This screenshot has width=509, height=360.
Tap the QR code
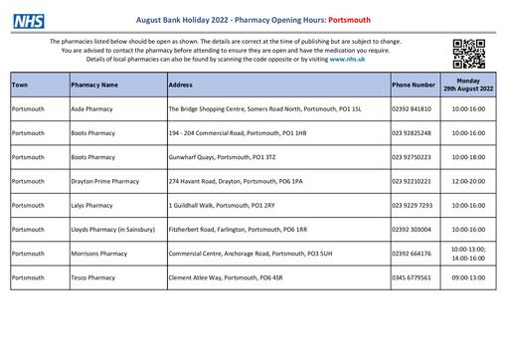click(469, 51)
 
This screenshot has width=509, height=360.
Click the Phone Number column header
click(414, 86)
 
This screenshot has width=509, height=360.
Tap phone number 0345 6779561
click(413, 277)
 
